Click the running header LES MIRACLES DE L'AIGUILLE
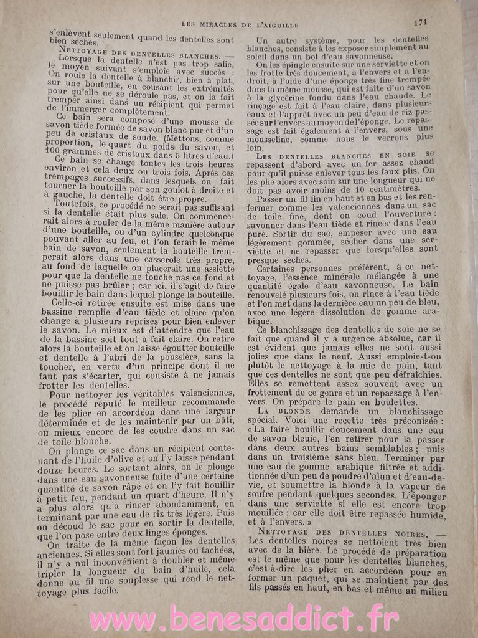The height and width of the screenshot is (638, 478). pos(240,24)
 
